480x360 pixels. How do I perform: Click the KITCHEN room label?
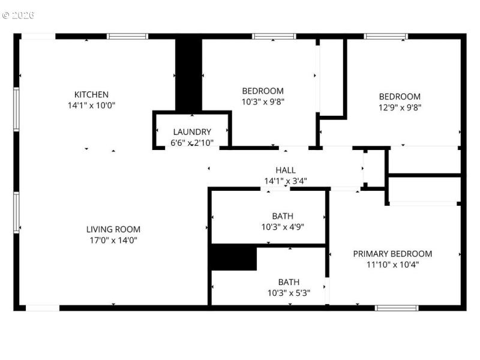pos(91,94)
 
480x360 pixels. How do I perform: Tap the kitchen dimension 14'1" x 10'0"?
pos(91,105)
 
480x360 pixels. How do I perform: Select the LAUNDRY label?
pos(192,132)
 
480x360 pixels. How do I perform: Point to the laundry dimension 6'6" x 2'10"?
pos(192,143)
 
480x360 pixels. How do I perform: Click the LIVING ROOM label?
pos(113,229)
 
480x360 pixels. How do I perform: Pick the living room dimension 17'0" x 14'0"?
pos(113,240)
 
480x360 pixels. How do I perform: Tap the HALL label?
pos(286,170)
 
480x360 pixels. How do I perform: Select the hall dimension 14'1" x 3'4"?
pos(286,181)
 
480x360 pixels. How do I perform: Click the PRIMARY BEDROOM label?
pos(392,254)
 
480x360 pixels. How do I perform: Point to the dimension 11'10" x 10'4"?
pos(392,265)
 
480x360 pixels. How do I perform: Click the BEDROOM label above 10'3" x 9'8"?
pos(263,91)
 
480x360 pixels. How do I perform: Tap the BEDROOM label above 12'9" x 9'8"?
pos(400,97)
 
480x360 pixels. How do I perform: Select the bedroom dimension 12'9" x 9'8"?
pos(400,107)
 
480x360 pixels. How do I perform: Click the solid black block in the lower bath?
pos(234,257)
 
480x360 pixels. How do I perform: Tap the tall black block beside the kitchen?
pos(188,75)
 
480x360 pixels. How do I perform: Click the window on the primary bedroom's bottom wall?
pos(397,308)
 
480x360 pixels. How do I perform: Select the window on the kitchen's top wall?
pos(127,37)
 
